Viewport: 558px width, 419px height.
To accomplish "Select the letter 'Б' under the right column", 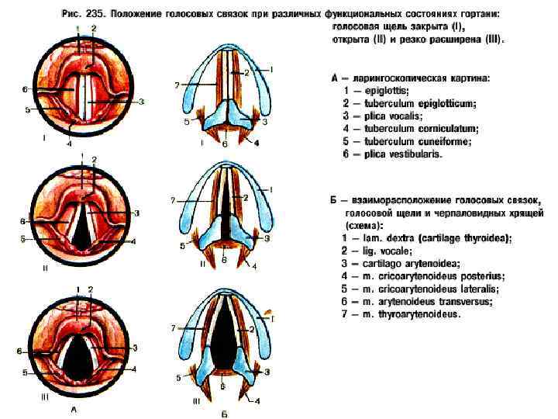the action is click(x=224, y=412).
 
